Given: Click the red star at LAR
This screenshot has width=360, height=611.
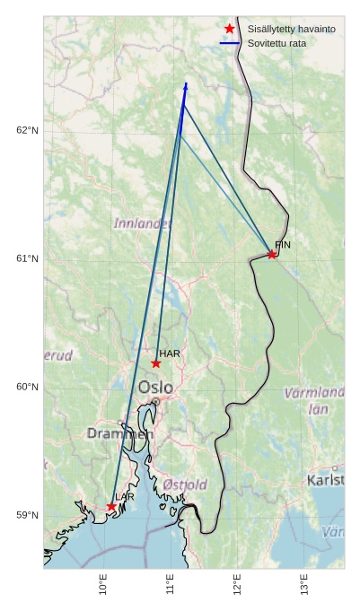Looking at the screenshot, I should tap(112, 507).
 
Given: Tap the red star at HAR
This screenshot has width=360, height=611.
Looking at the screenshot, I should tap(156, 363).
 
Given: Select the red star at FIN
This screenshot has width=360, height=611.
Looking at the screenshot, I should tap(272, 255).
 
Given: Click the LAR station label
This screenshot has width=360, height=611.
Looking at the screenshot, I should tap(125, 497).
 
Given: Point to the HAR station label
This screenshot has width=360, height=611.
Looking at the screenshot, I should tap(170, 354).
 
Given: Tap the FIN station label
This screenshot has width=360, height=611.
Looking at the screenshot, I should tap(283, 244).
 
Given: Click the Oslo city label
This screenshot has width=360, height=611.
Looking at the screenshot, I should tap(156, 388).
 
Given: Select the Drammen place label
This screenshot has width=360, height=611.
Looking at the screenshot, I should tap(120, 433).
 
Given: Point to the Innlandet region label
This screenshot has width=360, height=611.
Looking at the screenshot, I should tap(143, 223).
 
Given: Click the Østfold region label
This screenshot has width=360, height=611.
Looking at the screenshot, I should tap(185, 484).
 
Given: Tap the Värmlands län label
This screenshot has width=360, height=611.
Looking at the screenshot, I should tap(315, 400).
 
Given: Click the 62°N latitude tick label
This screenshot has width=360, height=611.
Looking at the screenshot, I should tap(28, 131).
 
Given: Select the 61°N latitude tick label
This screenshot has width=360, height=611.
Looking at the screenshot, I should tap(28, 259).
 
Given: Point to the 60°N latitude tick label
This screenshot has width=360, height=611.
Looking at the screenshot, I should tap(28, 388).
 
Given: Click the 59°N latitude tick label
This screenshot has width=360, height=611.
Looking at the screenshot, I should tap(28, 516).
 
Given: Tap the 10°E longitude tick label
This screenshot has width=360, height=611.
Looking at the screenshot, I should tap(103, 585).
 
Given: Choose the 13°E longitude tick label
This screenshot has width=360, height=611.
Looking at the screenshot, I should tap(305, 585).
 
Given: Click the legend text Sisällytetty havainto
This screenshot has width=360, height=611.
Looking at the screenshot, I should tap(292, 30).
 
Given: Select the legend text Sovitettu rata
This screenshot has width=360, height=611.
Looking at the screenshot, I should tap(278, 43).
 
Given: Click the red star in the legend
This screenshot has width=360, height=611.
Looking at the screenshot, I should tap(230, 29).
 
